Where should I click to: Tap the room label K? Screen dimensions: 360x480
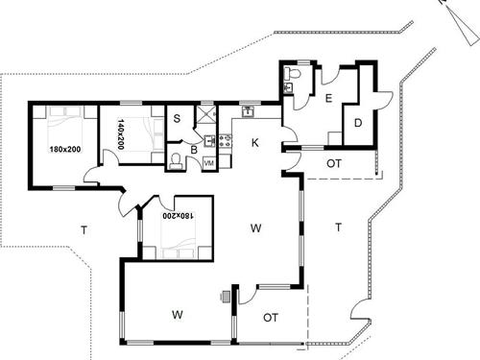coord(255,143)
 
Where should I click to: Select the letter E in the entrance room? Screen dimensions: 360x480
coord(328,99)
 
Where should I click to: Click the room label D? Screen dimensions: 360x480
coord(357,122)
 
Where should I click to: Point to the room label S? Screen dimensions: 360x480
coord(179,118)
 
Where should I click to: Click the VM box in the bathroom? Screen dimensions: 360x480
coord(208,164)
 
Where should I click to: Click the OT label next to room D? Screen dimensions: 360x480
coord(334,164)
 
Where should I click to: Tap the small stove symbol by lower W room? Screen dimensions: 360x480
coord(227,296)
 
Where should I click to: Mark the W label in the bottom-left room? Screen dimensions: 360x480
coord(178,314)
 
